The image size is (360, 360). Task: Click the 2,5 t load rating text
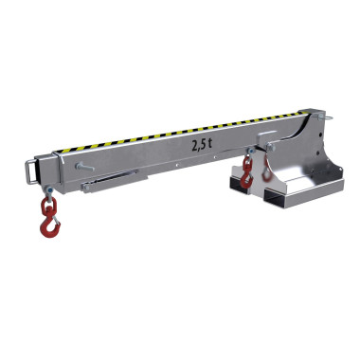(x=202, y=146)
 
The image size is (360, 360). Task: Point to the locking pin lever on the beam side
(x=84, y=167)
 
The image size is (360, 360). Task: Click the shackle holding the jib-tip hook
(x=49, y=191)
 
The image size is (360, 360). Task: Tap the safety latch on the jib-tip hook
(x=56, y=220)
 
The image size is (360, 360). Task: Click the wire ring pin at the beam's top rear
(x=324, y=117)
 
